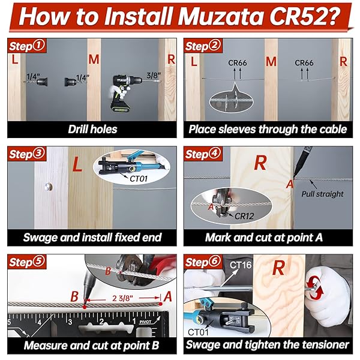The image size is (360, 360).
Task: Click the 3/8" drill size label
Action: point(154,75)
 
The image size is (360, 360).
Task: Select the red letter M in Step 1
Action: point(94,59)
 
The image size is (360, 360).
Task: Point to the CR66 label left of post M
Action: point(238,62)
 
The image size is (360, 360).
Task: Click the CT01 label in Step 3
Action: point(139,179)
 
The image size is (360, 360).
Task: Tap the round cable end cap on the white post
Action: point(49,187)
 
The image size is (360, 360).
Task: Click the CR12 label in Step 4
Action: point(244,216)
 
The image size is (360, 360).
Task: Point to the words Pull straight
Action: point(322,194)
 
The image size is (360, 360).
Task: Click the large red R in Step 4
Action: point(260,163)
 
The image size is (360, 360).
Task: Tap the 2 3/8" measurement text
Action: point(122,298)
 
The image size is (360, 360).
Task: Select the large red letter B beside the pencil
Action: point(74,296)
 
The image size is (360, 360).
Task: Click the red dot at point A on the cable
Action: point(161,304)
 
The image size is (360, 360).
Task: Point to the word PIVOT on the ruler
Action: point(145,322)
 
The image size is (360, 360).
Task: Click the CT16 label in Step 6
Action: point(241,265)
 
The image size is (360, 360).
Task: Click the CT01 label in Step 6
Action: point(198,332)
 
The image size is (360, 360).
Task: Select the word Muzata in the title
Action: point(221,16)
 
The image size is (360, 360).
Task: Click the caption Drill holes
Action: point(92,129)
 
